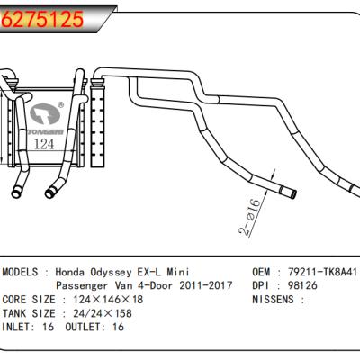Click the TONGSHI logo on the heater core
[49, 116]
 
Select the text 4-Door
[154, 285]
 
